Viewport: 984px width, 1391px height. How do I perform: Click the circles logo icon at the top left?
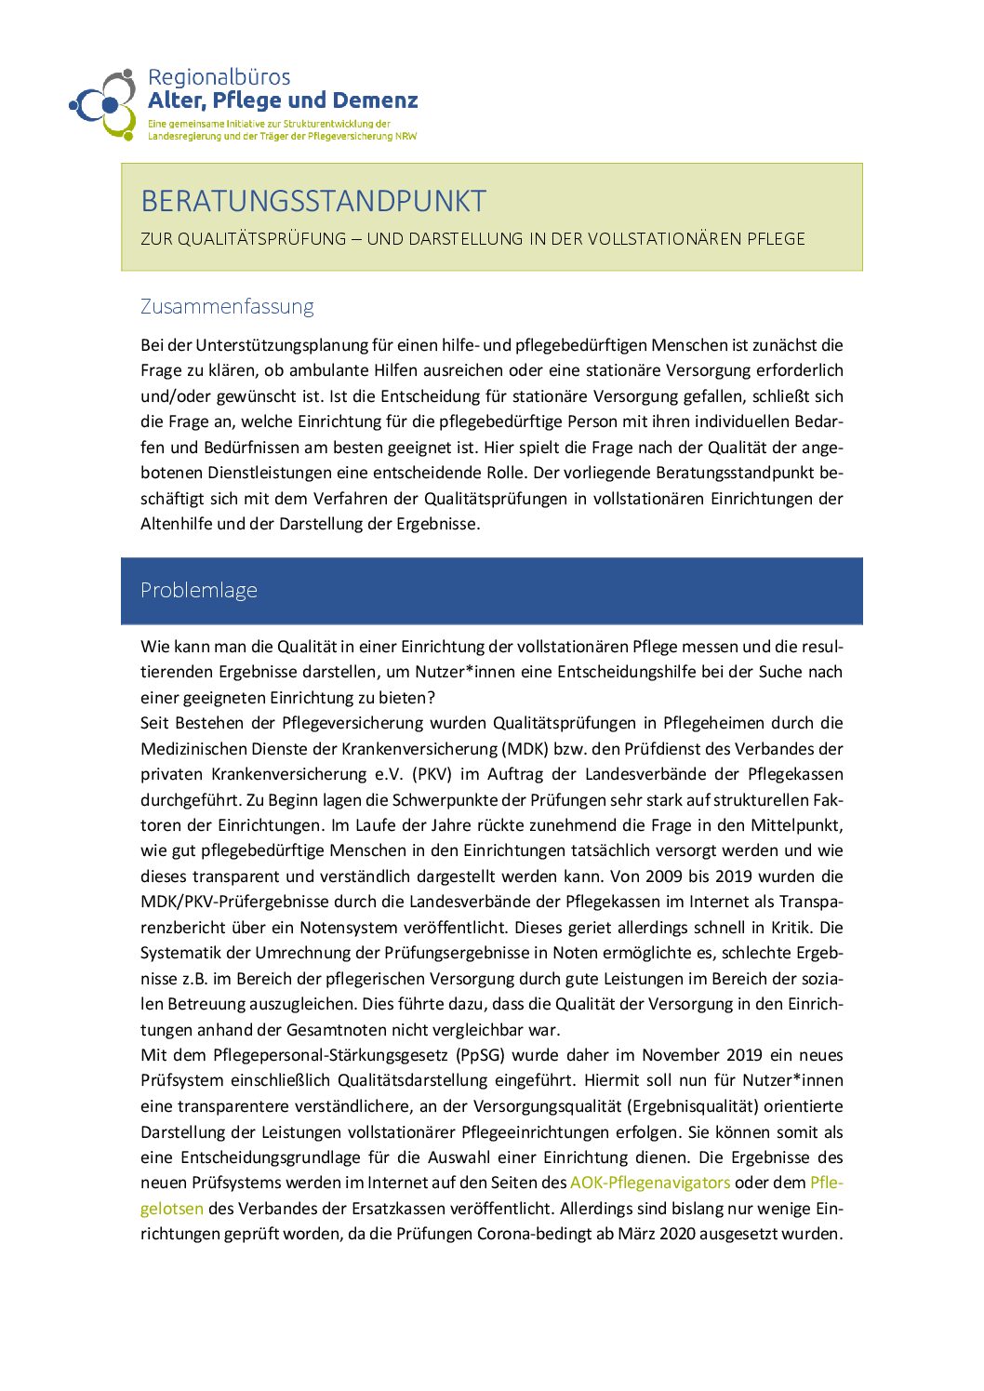point(104,104)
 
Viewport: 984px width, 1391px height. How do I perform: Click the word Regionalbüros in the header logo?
point(219,77)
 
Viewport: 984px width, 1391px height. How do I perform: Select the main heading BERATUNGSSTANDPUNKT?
point(313,201)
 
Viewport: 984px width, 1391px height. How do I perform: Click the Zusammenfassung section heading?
point(227,306)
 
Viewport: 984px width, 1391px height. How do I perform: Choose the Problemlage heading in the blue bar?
point(199,590)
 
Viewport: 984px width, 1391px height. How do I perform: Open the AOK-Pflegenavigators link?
point(650,1183)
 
